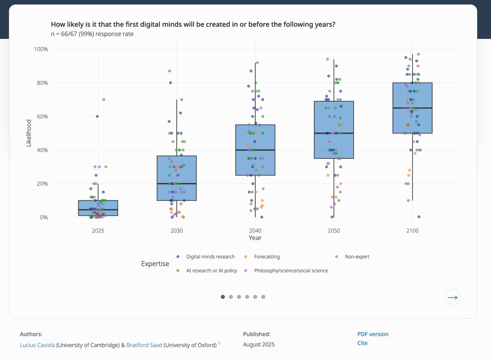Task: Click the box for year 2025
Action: click(98, 208)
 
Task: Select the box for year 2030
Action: click(177, 178)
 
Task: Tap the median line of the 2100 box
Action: click(412, 108)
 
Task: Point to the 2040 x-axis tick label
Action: click(255, 231)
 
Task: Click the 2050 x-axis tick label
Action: click(334, 231)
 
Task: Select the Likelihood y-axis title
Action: click(29, 133)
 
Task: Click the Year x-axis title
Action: click(255, 238)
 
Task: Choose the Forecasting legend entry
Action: click(267, 257)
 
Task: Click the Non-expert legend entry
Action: click(357, 257)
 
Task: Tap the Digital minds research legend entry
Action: click(210, 257)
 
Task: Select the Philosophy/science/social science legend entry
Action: click(291, 271)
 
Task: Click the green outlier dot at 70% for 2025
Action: click(104, 99)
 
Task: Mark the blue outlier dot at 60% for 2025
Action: click(97, 117)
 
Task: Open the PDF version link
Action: click(373, 334)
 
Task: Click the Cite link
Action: click(363, 343)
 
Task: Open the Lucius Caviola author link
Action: click(37, 345)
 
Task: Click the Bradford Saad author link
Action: click(144, 345)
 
